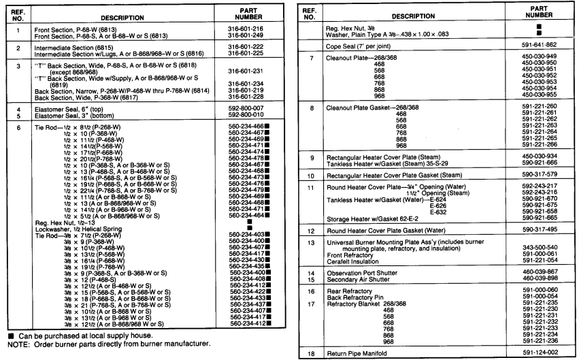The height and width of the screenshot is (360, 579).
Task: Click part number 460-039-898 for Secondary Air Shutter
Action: (539, 278)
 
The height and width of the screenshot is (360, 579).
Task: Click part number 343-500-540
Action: (539, 247)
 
